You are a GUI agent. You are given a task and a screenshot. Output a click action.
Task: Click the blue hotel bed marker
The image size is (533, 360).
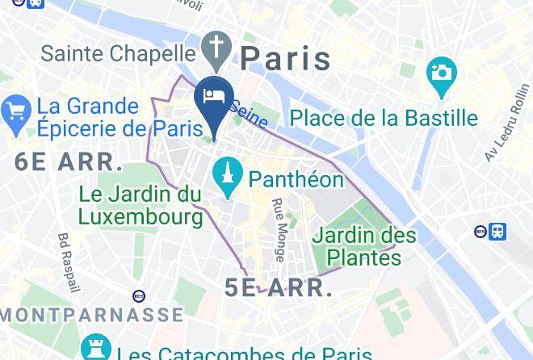(x=214, y=98)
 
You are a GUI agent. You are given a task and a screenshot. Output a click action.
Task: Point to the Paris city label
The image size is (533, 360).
(x=286, y=59)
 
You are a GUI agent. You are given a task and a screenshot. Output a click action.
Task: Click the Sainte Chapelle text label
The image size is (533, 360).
(x=118, y=54)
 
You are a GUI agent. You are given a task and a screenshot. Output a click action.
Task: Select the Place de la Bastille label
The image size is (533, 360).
(x=384, y=118)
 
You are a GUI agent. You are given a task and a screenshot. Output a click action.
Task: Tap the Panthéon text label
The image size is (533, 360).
(x=296, y=178)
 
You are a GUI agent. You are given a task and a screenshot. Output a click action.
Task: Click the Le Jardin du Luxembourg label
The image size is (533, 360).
(x=141, y=205)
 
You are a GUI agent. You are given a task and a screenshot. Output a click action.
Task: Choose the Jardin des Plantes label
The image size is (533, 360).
(x=363, y=247)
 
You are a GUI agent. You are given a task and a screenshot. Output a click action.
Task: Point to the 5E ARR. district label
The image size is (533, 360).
(x=279, y=288)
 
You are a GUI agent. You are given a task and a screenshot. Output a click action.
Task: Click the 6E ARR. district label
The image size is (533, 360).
(x=69, y=161)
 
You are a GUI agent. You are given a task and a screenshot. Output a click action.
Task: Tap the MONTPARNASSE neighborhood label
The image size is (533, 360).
(x=90, y=314)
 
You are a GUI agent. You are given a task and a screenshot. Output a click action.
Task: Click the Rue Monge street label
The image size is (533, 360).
(x=278, y=230)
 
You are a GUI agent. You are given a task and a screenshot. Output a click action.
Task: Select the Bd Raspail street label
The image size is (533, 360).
(x=69, y=262)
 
